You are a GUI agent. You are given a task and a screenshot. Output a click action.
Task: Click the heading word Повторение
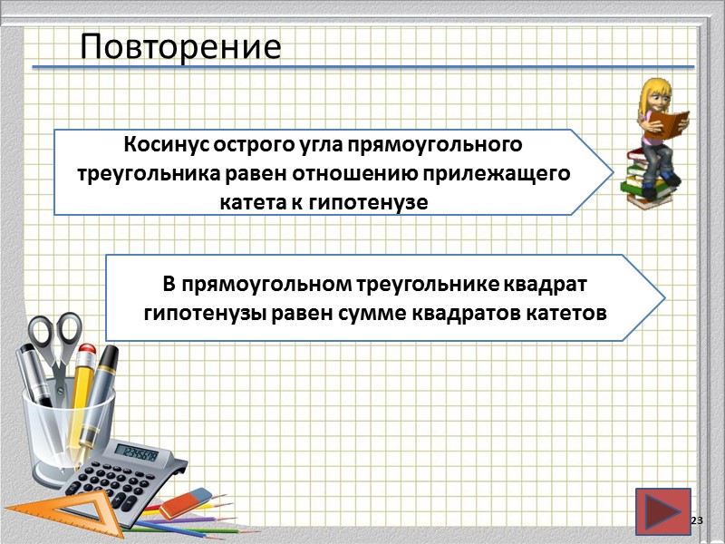[x=179, y=46]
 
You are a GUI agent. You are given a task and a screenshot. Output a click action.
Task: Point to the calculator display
[x=138, y=454]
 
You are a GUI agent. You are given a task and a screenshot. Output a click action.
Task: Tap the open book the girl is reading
[x=672, y=121]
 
